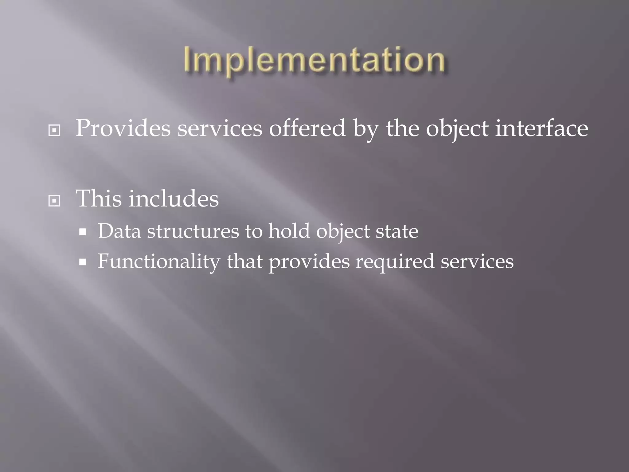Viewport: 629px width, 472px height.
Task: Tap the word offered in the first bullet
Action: (307, 128)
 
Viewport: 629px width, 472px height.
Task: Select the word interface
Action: (541, 128)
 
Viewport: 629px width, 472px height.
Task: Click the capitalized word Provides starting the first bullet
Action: (123, 128)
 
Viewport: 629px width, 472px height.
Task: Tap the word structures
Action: (193, 231)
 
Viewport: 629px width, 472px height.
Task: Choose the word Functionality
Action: (159, 262)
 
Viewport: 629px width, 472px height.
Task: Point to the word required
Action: (395, 262)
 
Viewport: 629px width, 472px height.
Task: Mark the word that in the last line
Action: (244, 262)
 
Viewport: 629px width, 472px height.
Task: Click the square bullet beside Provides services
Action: (54, 131)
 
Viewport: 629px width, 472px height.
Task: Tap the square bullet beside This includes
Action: (54, 201)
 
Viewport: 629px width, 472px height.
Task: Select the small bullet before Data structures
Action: (82, 232)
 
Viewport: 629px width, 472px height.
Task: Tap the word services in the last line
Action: (477, 262)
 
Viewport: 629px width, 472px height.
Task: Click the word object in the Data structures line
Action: (343, 231)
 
